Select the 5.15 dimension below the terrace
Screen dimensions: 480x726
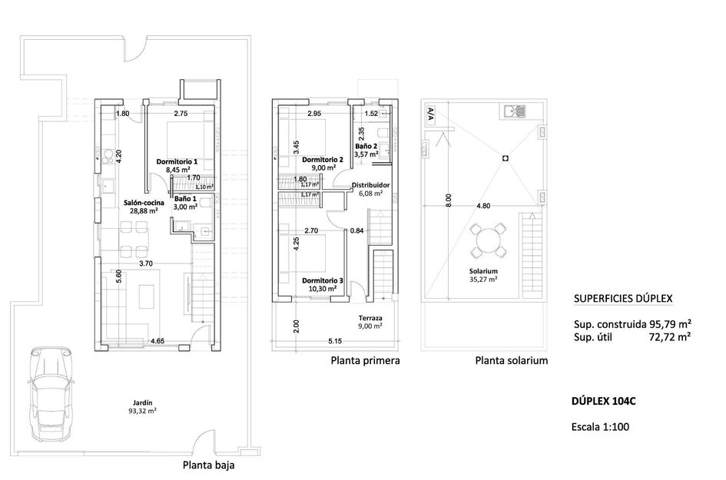[x=333, y=340]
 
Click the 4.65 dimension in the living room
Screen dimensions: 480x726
[x=159, y=340]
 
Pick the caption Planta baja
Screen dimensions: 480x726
[x=209, y=464]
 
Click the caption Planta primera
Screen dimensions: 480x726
[x=365, y=360]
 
